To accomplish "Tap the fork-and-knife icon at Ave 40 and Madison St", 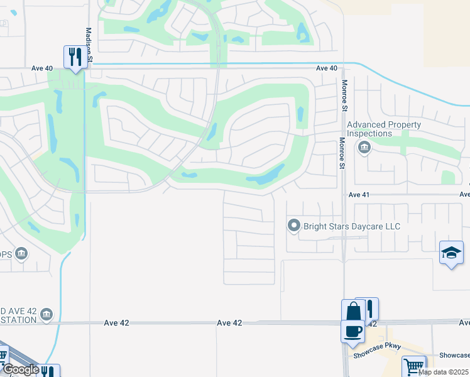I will click(x=75, y=58).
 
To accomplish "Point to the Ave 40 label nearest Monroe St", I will click(x=327, y=68).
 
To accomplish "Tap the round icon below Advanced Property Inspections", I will click(x=363, y=148).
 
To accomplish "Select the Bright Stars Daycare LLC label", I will click(x=351, y=226).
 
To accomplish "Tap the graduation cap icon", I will click(x=451, y=253).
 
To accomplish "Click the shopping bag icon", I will click(x=352, y=310).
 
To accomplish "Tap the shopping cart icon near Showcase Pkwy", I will click(x=414, y=366).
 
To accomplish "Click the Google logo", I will click(x=20, y=369).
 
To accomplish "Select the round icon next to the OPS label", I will click(x=21, y=253).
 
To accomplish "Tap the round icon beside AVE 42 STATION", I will click(x=47, y=314).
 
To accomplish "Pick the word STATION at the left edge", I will click(x=19, y=320).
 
